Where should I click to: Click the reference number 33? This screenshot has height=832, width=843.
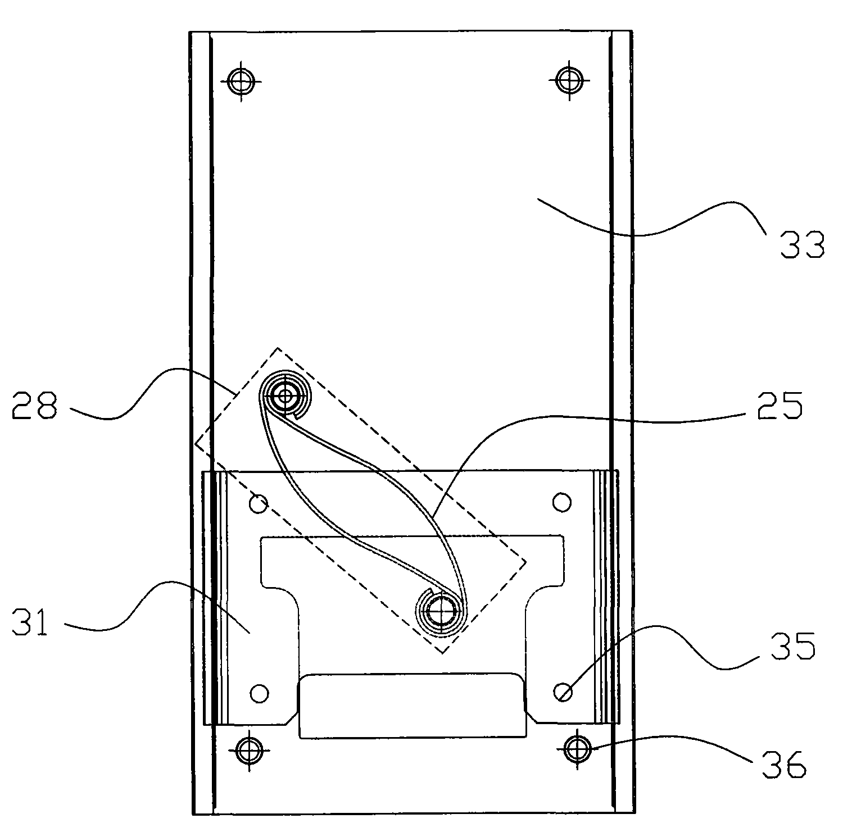tap(801, 245)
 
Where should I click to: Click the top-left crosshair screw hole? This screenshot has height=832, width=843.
tap(241, 81)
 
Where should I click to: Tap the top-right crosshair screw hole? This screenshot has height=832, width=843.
tap(570, 80)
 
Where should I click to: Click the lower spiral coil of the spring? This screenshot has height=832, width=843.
tap(442, 611)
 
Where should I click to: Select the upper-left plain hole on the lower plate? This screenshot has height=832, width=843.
tap(259, 504)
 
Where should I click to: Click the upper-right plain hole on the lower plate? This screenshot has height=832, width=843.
tap(562, 502)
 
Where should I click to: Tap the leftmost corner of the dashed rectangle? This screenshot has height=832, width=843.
tap(196, 443)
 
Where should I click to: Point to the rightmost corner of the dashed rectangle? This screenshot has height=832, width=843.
tap(525, 560)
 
